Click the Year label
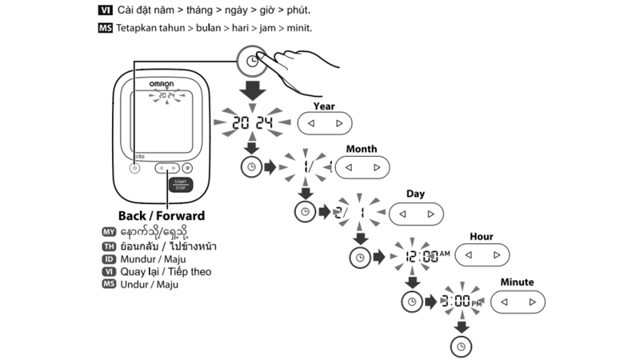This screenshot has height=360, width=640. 324,106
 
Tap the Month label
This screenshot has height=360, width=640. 361,150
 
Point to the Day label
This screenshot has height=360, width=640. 415,194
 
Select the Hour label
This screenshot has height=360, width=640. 482,237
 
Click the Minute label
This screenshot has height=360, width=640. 517,282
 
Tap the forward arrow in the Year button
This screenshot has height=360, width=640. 339,123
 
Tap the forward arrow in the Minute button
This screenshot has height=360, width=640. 532,302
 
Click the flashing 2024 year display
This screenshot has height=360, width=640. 252,123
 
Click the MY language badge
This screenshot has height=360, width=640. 110,231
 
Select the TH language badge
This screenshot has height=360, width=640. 110,245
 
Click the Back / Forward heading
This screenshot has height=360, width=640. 161,216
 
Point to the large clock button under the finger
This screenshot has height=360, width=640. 253,61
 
